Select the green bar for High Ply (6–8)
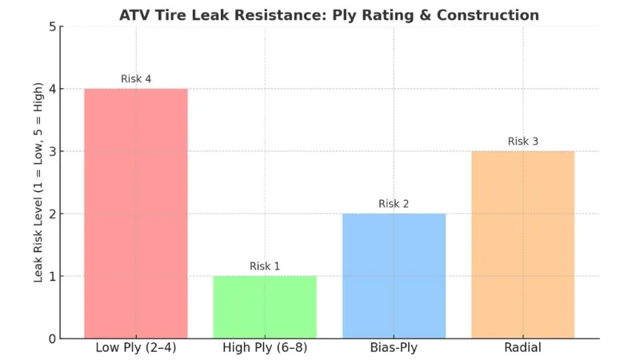click(x=265, y=307)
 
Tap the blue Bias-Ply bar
click(x=394, y=276)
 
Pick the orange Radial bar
click(x=522, y=245)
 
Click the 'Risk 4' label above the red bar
click(x=136, y=78)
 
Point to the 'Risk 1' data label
click(x=265, y=266)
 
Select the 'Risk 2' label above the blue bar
click(x=394, y=204)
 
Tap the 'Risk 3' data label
click(x=523, y=142)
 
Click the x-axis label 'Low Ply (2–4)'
click(x=136, y=348)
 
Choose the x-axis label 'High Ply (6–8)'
click(x=265, y=348)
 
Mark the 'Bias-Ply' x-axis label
click(x=394, y=348)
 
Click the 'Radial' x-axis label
click(x=523, y=348)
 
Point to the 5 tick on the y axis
click(x=52, y=27)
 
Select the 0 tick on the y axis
click(x=52, y=339)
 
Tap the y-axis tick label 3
click(x=52, y=152)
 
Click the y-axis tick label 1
click(x=52, y=277)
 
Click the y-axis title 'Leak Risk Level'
click(x=38, y=183)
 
